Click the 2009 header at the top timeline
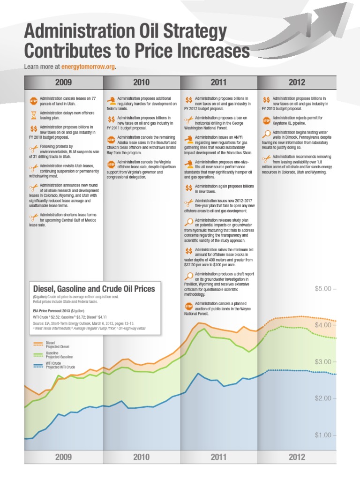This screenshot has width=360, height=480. (x=63, y=82)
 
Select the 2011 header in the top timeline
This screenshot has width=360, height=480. (x=218, y=82)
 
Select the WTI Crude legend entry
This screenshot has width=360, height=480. (x=53, y=364)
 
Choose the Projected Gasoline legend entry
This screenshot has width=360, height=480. (x=59, y=357)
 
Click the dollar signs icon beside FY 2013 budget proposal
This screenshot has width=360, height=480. (x=266, y=100)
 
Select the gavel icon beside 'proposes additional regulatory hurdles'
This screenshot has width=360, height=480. (x=111, y=100)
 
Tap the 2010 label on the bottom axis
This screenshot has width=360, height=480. (x=141, y=457)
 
